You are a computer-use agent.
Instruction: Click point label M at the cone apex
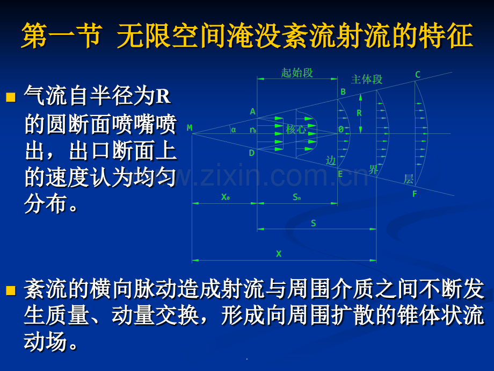tap(190, 128)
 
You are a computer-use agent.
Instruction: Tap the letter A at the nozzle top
tap(252, 112)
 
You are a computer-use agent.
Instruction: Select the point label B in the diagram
tap(343, 92)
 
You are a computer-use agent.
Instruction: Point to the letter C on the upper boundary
tap(418, 75)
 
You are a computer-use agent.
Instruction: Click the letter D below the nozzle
tap(252, 153)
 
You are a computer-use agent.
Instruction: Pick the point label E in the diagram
tap(340, 174)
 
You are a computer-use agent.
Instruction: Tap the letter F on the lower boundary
tap(415, 194)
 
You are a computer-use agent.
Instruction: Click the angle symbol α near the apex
tap(234, 129)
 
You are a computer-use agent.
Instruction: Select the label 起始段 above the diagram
tap(297, 73)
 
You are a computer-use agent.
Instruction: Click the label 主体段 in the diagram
tap(367, 80)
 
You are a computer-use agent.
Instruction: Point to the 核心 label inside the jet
tap(296, 130)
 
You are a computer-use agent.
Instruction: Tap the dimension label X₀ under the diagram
tap(226, 197)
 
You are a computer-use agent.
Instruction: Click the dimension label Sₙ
tap(297, 197)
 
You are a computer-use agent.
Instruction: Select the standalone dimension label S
tap(314, 223)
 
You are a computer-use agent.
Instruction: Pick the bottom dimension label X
tap(279, 254)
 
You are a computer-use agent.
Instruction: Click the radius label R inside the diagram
tap(359, 113)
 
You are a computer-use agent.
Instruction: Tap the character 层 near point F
tap(409, 179)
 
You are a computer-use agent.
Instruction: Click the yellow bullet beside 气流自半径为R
tap(11, 98)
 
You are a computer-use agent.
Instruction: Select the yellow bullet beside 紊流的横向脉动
tap(11, 291)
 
